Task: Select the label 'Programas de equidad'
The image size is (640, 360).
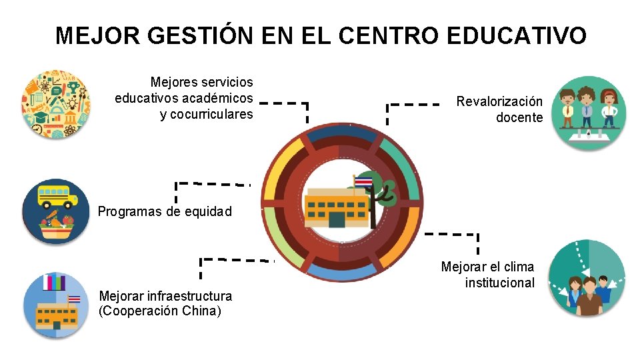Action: tap(165, 212)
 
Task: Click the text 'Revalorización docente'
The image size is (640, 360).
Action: tap(499, 110)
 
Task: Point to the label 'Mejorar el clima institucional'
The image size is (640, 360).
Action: tap(488, 275)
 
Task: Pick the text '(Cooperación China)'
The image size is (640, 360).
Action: tap(160, 311)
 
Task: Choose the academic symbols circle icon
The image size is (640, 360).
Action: tap(55, 105)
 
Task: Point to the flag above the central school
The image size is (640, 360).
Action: tap(364, 181)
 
